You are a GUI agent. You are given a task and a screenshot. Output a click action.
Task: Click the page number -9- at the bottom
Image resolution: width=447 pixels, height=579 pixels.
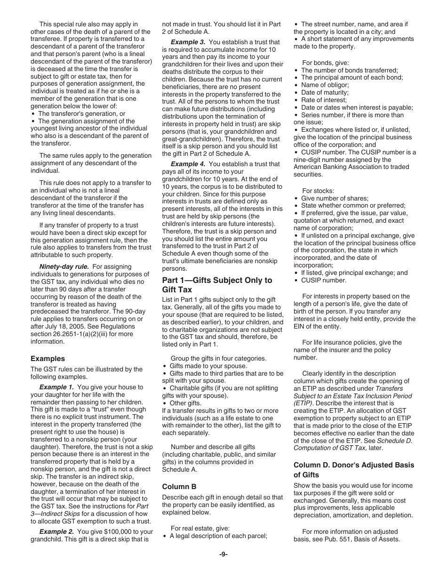click(223, 554)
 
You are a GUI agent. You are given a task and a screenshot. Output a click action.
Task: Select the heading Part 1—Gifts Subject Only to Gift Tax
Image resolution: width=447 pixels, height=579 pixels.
click(217, 285)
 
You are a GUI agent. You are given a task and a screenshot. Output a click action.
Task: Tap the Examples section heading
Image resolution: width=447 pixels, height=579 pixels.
click(48, 358)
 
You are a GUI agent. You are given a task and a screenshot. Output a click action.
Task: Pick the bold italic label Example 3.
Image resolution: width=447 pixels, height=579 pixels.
click(188, 42)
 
